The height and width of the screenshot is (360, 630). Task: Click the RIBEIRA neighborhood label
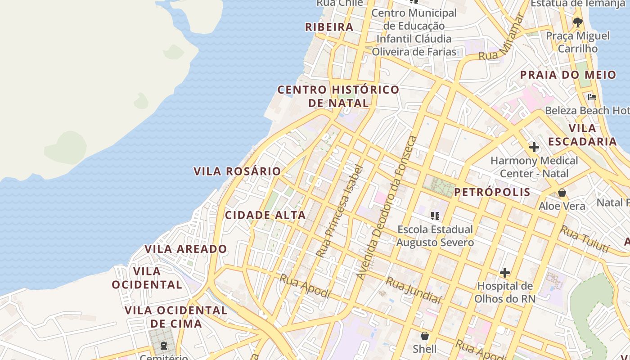tap(329, 27)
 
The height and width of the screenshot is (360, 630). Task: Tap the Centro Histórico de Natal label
tap(338, 96)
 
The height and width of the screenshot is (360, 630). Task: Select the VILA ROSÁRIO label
tap(237, 171)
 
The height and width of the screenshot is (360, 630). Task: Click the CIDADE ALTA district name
tap(265, 215)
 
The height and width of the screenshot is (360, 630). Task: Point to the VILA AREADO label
tap(186, 249)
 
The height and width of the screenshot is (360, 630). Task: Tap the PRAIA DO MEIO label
tap(568, 75)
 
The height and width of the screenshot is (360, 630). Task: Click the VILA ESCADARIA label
tap(582, 135)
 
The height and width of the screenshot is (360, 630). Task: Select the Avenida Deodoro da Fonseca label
tap(387, 207)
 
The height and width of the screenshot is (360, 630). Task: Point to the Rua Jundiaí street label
tap(413, 291)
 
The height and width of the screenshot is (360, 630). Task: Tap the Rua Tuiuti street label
tap(585, 239)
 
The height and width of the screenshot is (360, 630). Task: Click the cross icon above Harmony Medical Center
tap(534, 147)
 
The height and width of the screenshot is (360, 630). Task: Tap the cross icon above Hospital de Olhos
tap(505, 272)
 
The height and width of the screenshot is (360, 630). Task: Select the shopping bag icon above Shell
tap(425, 336)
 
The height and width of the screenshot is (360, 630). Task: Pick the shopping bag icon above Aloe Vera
tap(562, 193)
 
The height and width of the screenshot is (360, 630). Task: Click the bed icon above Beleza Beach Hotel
tap(592, 97)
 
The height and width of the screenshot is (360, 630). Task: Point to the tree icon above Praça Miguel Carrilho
tap(577, 22)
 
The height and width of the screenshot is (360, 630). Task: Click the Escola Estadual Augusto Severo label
tap(435, 236)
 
